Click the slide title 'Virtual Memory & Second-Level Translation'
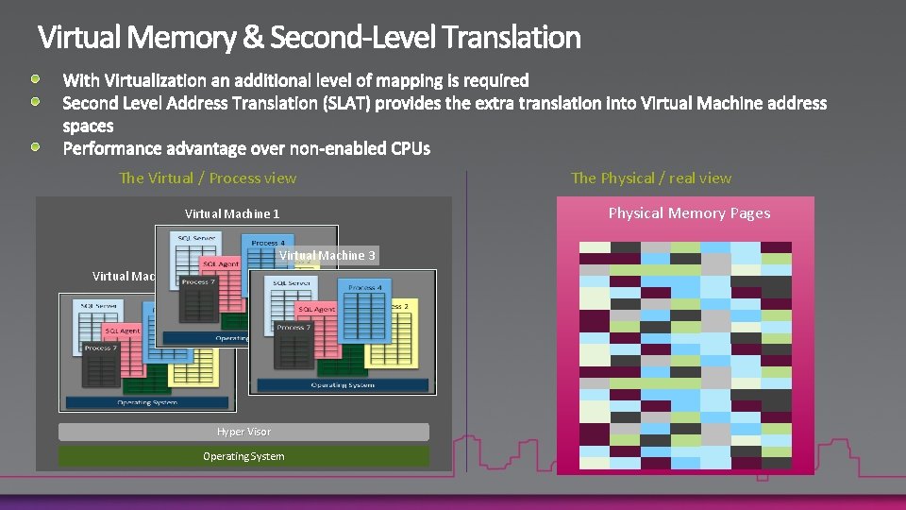coord(309,38)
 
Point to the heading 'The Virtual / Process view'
coord(208,178)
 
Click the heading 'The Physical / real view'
coord(651,178)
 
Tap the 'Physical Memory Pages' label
coord(689,212)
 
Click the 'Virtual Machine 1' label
coord(232,214)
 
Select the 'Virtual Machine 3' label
coord(327,255)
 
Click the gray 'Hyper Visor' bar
coord(243,432)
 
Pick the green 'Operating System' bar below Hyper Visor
coord(243,456)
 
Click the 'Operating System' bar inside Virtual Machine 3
coord(342,384)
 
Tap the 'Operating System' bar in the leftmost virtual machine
coord(146,402)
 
